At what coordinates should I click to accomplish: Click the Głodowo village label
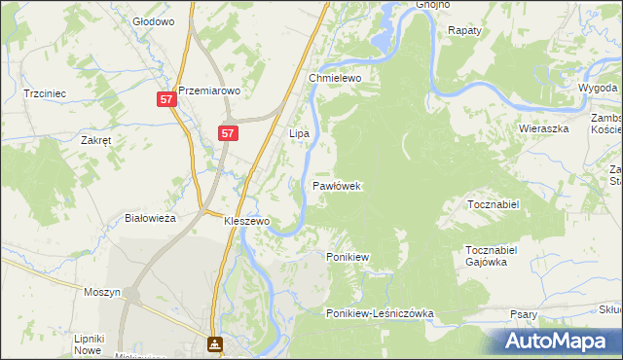152,20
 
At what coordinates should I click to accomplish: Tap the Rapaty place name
465,30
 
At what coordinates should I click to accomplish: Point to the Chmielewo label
335,78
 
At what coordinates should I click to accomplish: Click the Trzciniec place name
45,93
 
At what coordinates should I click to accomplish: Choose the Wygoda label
597,87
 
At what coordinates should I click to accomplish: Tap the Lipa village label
300,132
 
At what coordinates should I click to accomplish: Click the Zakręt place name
96,139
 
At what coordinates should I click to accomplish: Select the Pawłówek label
337,185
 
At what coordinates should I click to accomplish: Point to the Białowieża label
150,218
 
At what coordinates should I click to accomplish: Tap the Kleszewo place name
246,221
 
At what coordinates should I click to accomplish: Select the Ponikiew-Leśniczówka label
380,313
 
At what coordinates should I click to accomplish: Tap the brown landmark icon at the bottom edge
214,343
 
